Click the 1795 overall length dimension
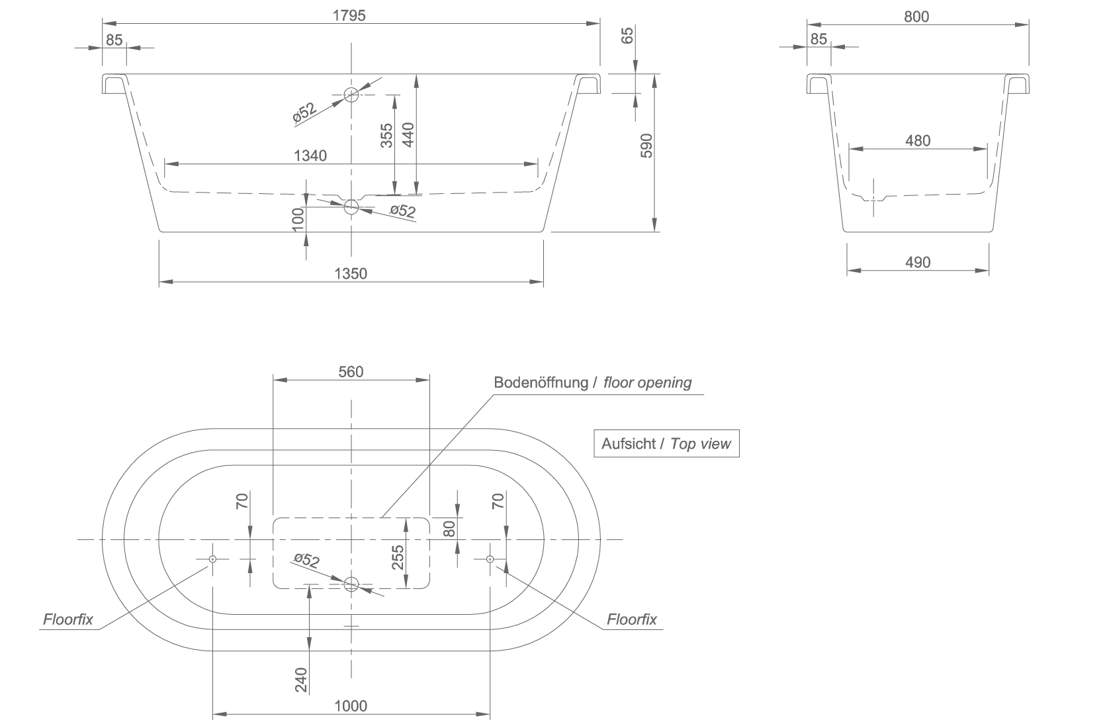pos(349,16)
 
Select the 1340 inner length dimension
pos(310,156)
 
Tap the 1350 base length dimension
pos(351,273)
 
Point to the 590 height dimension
pos(646,146)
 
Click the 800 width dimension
pos(916,17)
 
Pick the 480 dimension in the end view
pos(918,141)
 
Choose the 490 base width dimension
pos(918,262)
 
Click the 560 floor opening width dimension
pos(351,371)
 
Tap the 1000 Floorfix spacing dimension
pos(351,705)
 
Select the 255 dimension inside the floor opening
pos(398,557)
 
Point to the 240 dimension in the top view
pos(301,680)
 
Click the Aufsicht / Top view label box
pos(666,444)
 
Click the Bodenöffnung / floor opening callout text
pos(592,383)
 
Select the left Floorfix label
pos(68,619)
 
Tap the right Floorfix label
pos(632,619)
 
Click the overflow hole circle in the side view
pos(351,95)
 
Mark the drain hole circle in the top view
pos(351,584)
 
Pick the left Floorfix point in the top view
pos(212,559)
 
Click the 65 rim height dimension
pos(627,36)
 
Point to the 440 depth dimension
pos(408,134)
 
